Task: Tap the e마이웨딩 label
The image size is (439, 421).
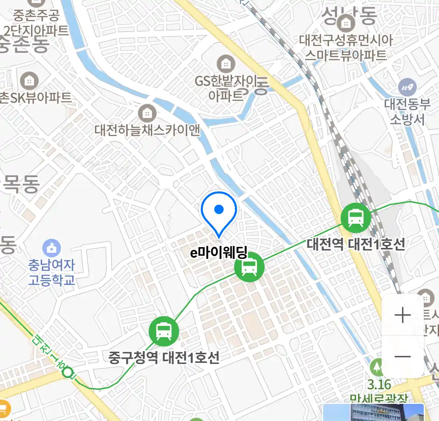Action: pos(219,253)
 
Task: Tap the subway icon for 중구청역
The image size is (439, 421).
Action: pos(164,331)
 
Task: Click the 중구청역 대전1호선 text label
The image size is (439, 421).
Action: pos(164,357)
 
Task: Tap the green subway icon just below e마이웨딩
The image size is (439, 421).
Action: pos(249,267)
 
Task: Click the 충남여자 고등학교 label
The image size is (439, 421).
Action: pos(52,272)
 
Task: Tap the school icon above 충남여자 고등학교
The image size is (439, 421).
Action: pos(52,248)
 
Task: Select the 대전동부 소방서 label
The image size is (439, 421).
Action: pos(407,111)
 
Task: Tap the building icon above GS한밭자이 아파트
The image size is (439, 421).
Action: pos(226,64)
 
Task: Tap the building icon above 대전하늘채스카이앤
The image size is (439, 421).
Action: pos(147,113)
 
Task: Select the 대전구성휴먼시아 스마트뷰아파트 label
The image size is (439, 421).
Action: pos(346,47)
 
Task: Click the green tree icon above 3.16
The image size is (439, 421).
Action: pos(377,367)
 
